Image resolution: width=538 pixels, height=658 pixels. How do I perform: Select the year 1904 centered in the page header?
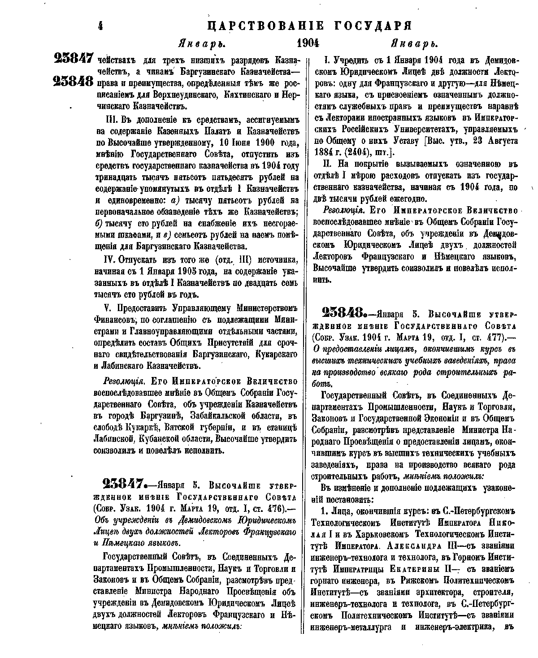coord(308,44)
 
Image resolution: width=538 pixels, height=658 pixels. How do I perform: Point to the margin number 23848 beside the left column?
coord(73,82)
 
